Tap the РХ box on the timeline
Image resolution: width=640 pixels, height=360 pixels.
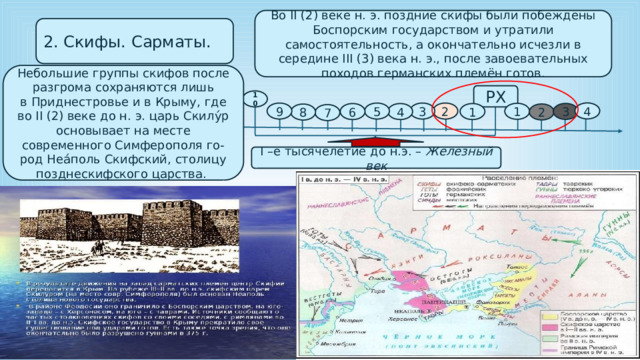494,96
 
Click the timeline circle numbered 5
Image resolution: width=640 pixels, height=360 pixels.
375,112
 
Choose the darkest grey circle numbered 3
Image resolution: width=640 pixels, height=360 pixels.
567,111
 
